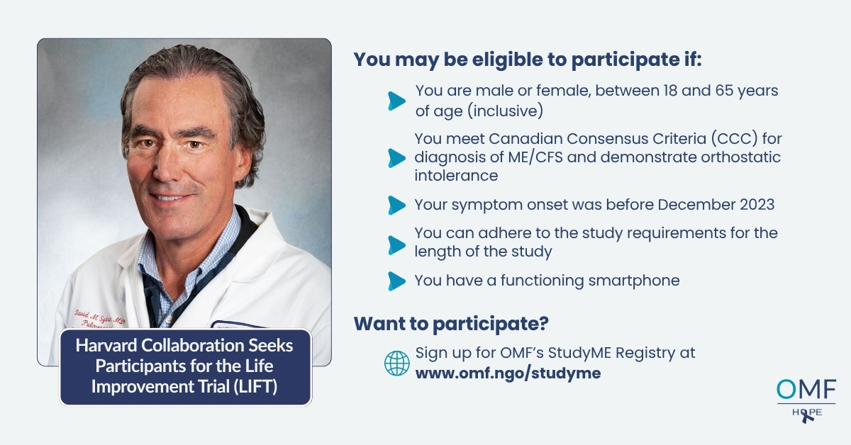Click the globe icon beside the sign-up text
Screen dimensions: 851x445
(x=396, y=363)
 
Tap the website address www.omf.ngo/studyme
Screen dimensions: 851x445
(x=508, y=373)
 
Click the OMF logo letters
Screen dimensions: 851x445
(x=806, y=389)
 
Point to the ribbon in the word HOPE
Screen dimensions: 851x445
(x=806, y=416)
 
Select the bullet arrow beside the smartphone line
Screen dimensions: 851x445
(x=396, y=281)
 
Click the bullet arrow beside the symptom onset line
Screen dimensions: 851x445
(x=396, y=205)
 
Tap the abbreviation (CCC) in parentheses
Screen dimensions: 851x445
(x=728, y=139)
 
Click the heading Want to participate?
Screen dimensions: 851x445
(x=451, y=324)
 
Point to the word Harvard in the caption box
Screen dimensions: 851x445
(x=106, y=346)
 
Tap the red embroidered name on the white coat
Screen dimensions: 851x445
(x=100, y=318)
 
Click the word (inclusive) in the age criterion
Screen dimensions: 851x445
(x=505, y=111)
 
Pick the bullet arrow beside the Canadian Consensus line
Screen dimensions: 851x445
(x=396, y=158)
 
